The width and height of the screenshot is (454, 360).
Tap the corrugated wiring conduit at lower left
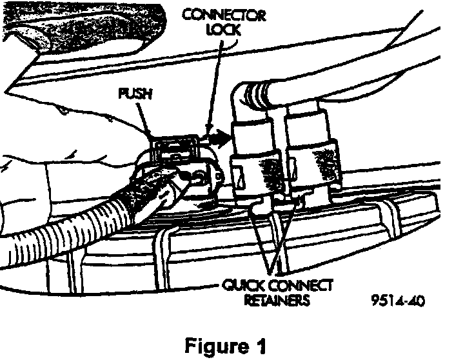click(x=77, y=219)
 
